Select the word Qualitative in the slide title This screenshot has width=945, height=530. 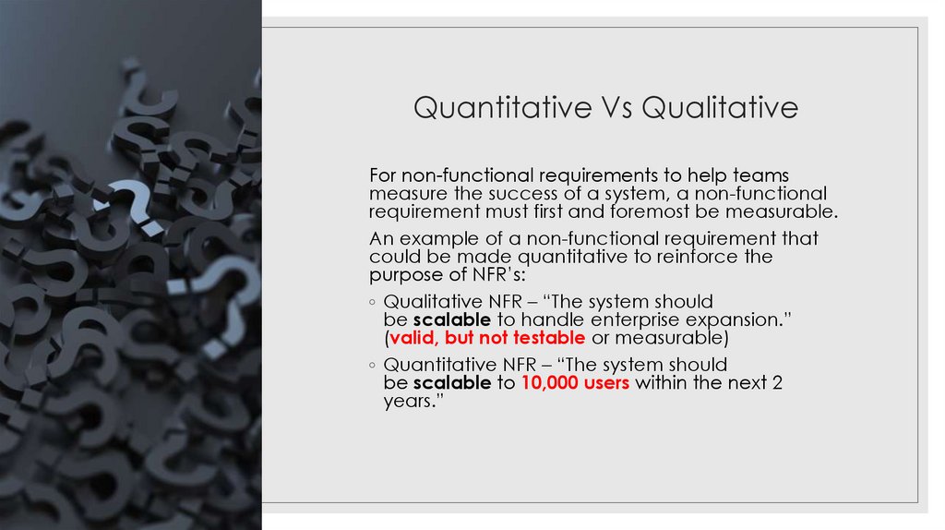pyautogui.click(x=720, y=108)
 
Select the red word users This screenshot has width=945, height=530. pyautogui.click(x=606, y=382)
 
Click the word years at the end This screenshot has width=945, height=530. pyautogui.click(x=409, y=401)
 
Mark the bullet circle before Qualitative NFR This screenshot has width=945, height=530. pyautogui.click(x=372, y=303)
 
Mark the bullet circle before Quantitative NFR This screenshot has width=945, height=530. pyautogui.click(x=372, y=366)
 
